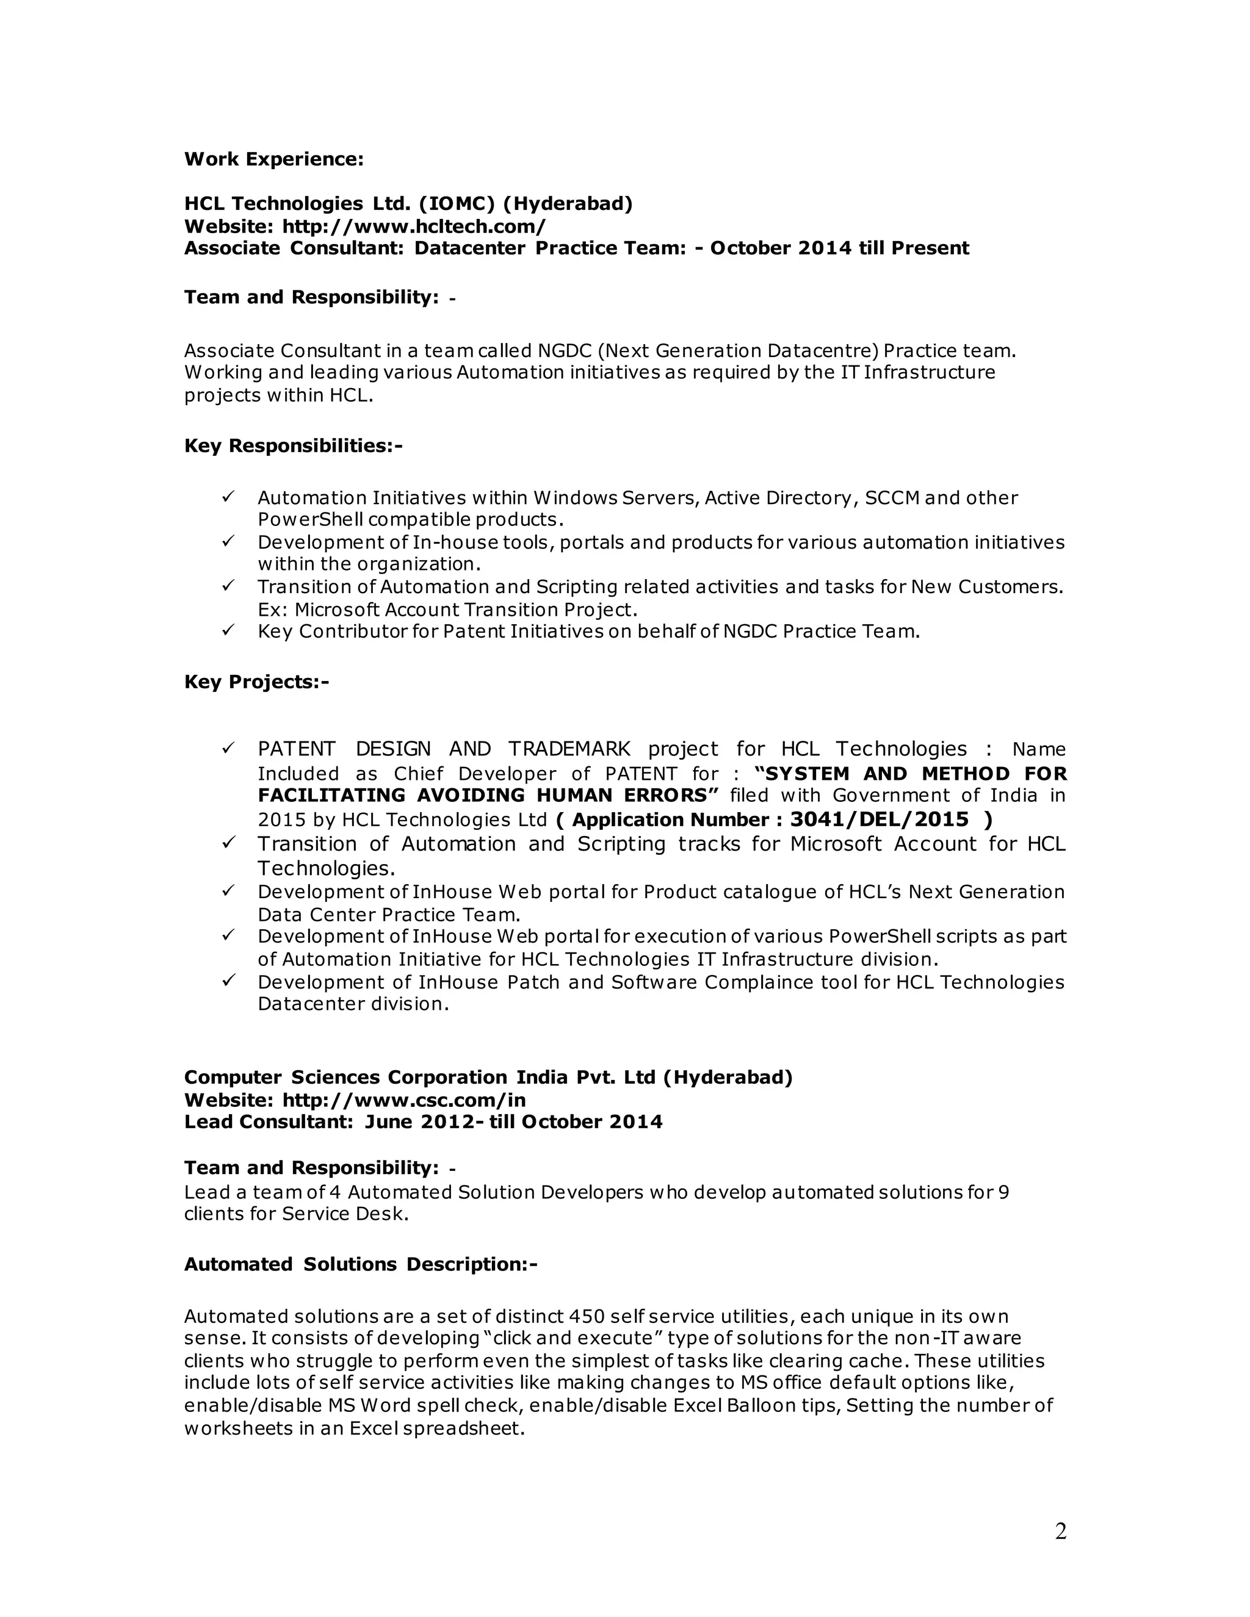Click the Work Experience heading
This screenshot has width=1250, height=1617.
click(273, 159)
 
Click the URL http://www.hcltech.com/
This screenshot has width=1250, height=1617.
click(414, 226)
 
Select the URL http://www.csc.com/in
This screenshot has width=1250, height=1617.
click(403, 1100)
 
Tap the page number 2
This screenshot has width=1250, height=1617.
click(1060, 1532)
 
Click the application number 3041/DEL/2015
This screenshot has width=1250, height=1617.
click(879, 819)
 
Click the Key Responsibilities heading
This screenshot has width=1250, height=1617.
click(293, 445)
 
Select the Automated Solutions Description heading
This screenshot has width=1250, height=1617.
click(361, 1264)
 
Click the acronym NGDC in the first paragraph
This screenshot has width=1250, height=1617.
click(565, 350)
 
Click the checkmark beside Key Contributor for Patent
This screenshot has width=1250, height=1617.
click(228, 630)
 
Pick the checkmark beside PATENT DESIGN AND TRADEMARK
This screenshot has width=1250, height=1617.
click(228, 748)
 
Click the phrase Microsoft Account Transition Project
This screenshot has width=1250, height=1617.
click(465, 610)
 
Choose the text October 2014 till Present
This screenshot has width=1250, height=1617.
click(839, 248)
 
